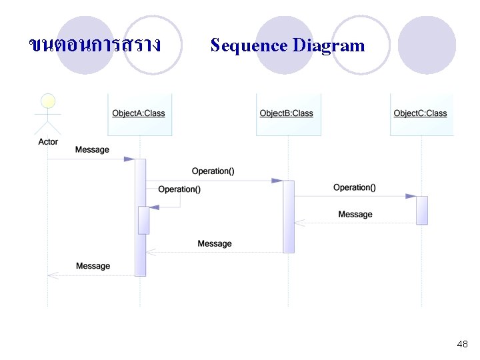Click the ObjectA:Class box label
pos(139,113)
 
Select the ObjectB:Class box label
pos(286,113)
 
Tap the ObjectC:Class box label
pos(420,113)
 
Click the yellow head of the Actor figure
pos(48,101)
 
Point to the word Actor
pos(48,142)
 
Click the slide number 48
pos(462,344)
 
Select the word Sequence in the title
pos(249,46)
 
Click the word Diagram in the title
pos(329,46)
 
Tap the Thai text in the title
pos(95,45)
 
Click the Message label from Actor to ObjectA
pos(92,150)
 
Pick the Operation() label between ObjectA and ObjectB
pos(213,171)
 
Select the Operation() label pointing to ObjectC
pos(355,187)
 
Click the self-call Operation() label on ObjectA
pos(179,189)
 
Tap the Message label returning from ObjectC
pos(355,214)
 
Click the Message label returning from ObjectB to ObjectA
pos(215,244)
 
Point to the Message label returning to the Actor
pos(93,266)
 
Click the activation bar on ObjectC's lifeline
pos(422,210)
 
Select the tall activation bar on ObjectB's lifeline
pos(289,217)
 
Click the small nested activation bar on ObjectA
pos(143,221)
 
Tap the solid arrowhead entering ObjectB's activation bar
pos(277,181)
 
